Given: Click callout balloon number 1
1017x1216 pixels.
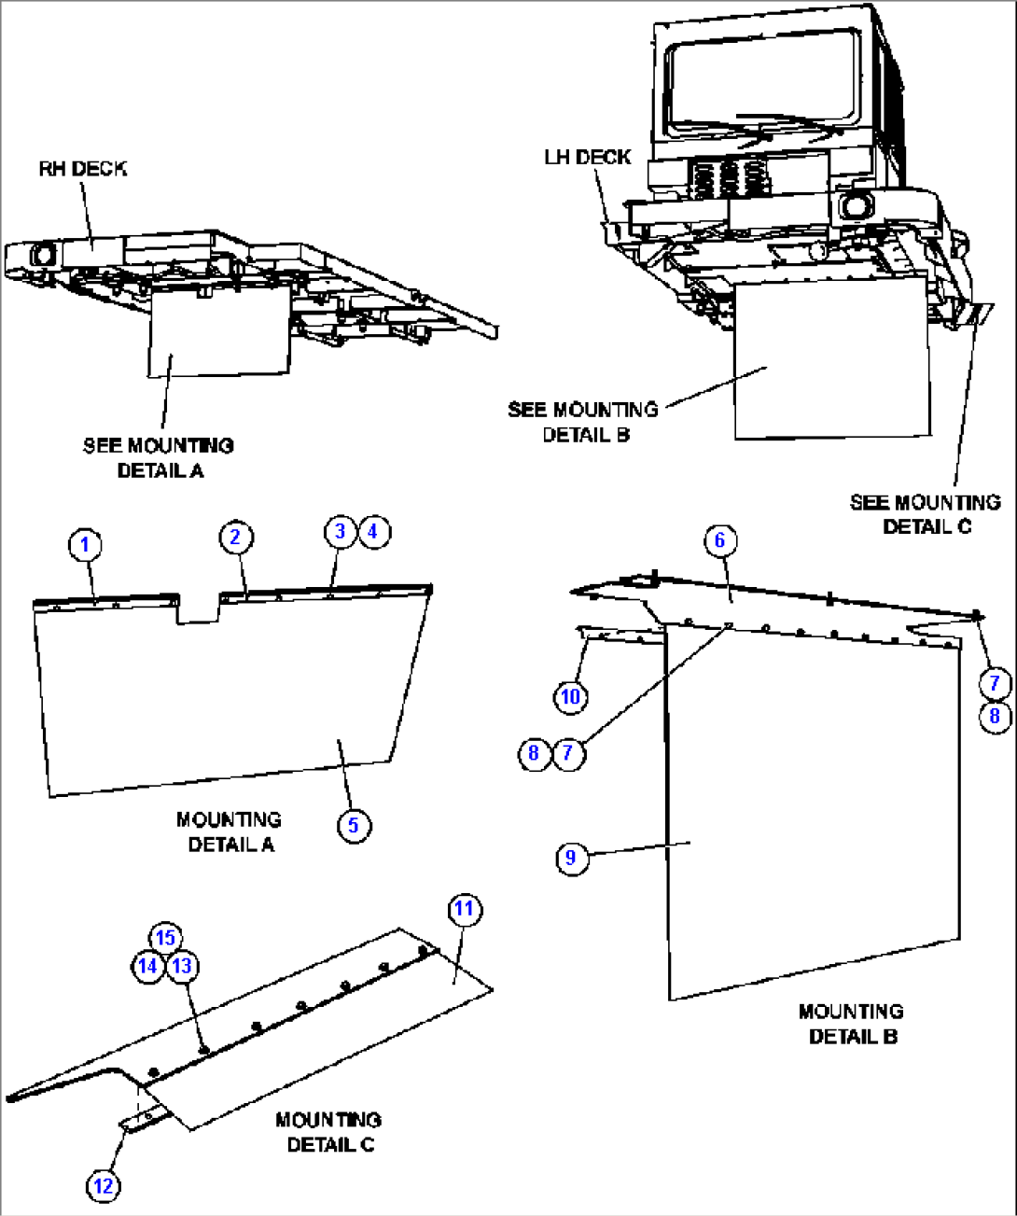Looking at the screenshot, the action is tap(85, 544).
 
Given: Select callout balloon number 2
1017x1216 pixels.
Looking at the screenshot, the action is tap(236, 537).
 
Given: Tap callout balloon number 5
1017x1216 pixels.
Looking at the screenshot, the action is tap(354, 825).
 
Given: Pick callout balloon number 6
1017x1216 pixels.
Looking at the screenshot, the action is tap(720, 539).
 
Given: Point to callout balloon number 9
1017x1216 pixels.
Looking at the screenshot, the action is tap(571, 858).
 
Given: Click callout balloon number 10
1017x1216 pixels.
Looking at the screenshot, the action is tap(570, 696).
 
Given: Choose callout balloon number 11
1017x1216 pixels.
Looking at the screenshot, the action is tap(464, 909).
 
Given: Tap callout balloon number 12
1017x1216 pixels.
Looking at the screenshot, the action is tap(104, 1186).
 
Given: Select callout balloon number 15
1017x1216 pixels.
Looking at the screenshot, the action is tap(166, 938).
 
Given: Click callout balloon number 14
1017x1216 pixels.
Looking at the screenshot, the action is tap(147, 966).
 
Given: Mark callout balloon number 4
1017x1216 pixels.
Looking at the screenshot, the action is tap(374, 531).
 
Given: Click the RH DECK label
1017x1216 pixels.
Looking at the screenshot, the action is tap(83, 169).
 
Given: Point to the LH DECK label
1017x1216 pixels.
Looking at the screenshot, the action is tap(588, 157).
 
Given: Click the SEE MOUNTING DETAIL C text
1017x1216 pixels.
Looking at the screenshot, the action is tap(926, 514).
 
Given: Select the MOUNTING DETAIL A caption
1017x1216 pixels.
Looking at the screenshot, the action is tap(230, 832).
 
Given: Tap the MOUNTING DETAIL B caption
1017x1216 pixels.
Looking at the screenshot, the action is tap(851, 1024).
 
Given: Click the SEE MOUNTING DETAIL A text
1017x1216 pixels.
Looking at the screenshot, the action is tap(159, 457).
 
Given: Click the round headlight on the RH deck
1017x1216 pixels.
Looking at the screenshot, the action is tap(43, 253).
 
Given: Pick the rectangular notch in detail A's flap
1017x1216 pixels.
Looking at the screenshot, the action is tap(199, 608).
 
